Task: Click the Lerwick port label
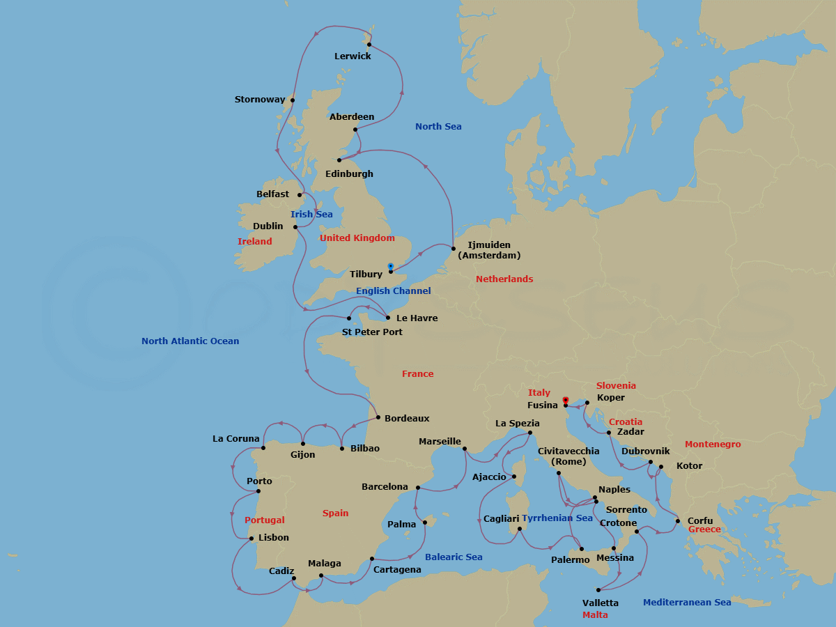[353, 56]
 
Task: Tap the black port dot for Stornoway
[293, 100]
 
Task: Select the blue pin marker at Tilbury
[391, 266]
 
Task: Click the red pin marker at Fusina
[566, 400]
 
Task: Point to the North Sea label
[438, 127]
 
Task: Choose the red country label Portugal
[265, 520]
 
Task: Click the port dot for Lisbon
[251, 538]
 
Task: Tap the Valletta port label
[601, 603]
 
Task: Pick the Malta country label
[595, 615]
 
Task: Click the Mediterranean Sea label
[687, 603]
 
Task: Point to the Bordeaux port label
[407, 419]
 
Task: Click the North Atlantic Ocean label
[190, 341]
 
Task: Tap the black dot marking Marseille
[465, 449]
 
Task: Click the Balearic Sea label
[454, 557]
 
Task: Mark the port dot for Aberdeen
[355, 130]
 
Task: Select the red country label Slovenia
[616, 386]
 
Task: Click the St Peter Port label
[372, 332]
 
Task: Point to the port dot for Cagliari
[520, 529]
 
